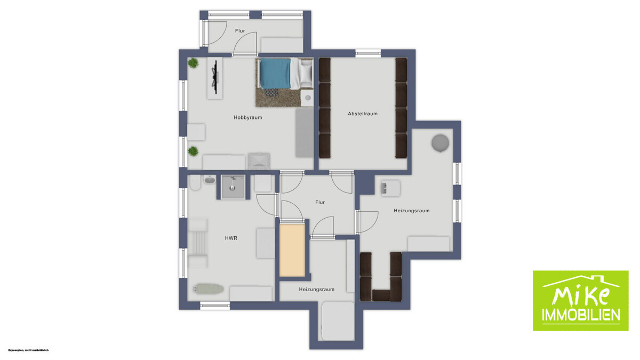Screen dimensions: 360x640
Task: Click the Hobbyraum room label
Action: click(x=248, y=117)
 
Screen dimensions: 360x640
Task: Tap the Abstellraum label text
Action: click(x=363, y=114)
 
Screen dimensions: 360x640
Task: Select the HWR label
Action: click(x=230, y=238)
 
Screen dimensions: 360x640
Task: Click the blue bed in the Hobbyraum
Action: click(x=276, y=73)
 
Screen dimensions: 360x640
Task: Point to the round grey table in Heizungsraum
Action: click(x=441, y=143)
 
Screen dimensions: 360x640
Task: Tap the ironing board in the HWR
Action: click(x=209, y=289)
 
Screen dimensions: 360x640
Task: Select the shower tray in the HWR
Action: click(x=233, y=186)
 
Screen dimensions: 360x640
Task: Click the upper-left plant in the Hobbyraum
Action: click(x=193, y=63)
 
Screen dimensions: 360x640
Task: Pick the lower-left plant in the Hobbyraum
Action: click(x=193, y=151)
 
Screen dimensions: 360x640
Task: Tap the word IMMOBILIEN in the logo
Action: click(x=581, y=315)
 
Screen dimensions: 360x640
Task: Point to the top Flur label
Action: click(x=241, y=31)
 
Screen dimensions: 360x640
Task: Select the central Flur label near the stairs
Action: click(x=320, y=202)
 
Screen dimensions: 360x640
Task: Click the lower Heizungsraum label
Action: click(x=317, y=289)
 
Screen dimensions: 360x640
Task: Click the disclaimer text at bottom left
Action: click(x=28, y=350)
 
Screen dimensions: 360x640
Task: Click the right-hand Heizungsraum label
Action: click(x=411, y=211)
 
